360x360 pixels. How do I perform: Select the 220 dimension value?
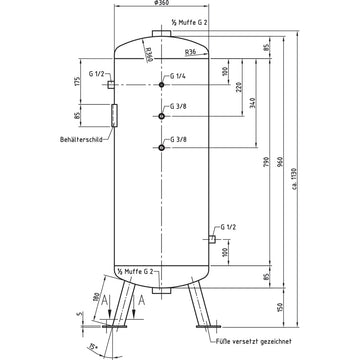pos(240,87)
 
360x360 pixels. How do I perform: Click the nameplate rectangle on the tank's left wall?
pos(115,116)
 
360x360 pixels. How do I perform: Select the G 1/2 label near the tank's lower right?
pos(228,228)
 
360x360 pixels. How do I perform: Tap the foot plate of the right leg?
pos(213,325)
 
